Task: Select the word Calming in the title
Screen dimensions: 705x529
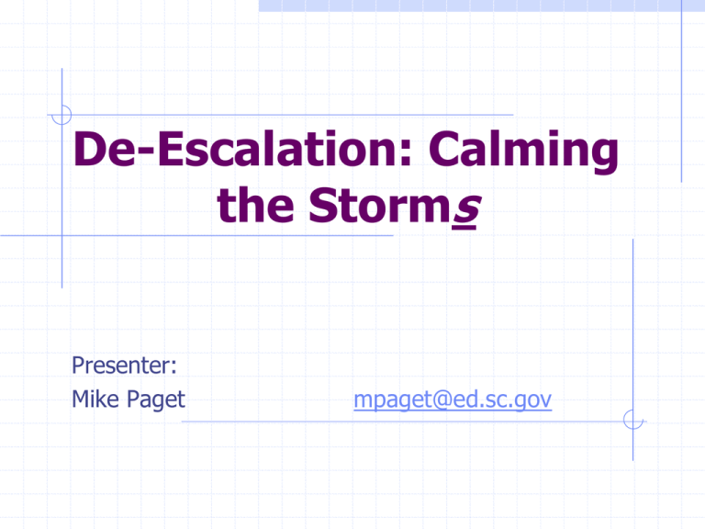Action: [x=524, y=152]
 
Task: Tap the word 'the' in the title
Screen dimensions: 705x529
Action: [x=255, y=204]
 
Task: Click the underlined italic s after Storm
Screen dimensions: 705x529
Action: [x=466, y=209]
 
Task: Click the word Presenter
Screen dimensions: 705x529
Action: [x=121, y=365]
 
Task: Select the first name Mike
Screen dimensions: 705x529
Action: [x=95, y=399]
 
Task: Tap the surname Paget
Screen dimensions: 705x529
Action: [x=156, y=400]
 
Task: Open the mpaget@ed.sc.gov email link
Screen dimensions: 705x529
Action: [x=453, y=400]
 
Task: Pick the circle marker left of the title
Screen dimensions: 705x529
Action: [x=62, y=115]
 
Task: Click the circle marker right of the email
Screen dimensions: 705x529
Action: [x=633, y=420]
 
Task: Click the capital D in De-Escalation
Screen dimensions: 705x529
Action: [x=89, y=149]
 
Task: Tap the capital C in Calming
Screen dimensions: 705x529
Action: [x=443, y=149]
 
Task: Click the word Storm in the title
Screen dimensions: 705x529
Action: [x=380, y=204]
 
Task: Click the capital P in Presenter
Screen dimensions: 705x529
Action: [x=78, y=366]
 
